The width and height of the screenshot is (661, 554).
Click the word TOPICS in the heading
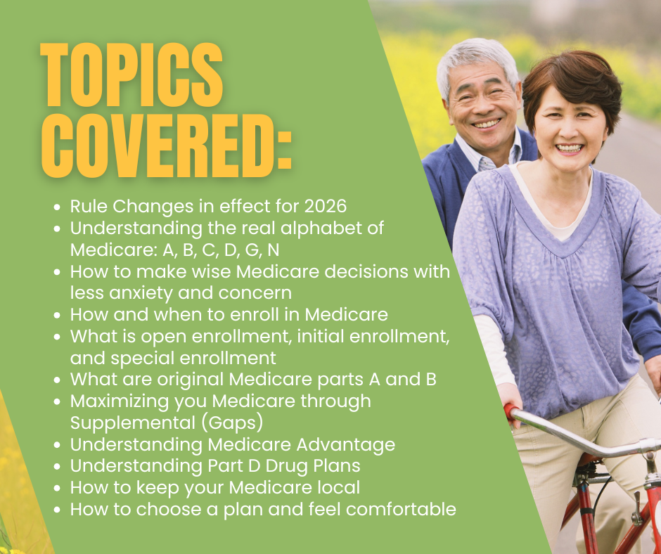click(131, 75)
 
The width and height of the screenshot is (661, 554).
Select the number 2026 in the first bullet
click(326, 206)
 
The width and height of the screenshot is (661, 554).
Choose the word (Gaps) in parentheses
click(232, 423)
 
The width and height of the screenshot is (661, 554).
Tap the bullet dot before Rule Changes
click(58, 207)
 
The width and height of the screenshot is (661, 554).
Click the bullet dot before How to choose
click(58, 510)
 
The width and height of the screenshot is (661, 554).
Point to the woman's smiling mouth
click(569, 148)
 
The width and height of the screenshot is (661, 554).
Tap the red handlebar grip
click(511, 411)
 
